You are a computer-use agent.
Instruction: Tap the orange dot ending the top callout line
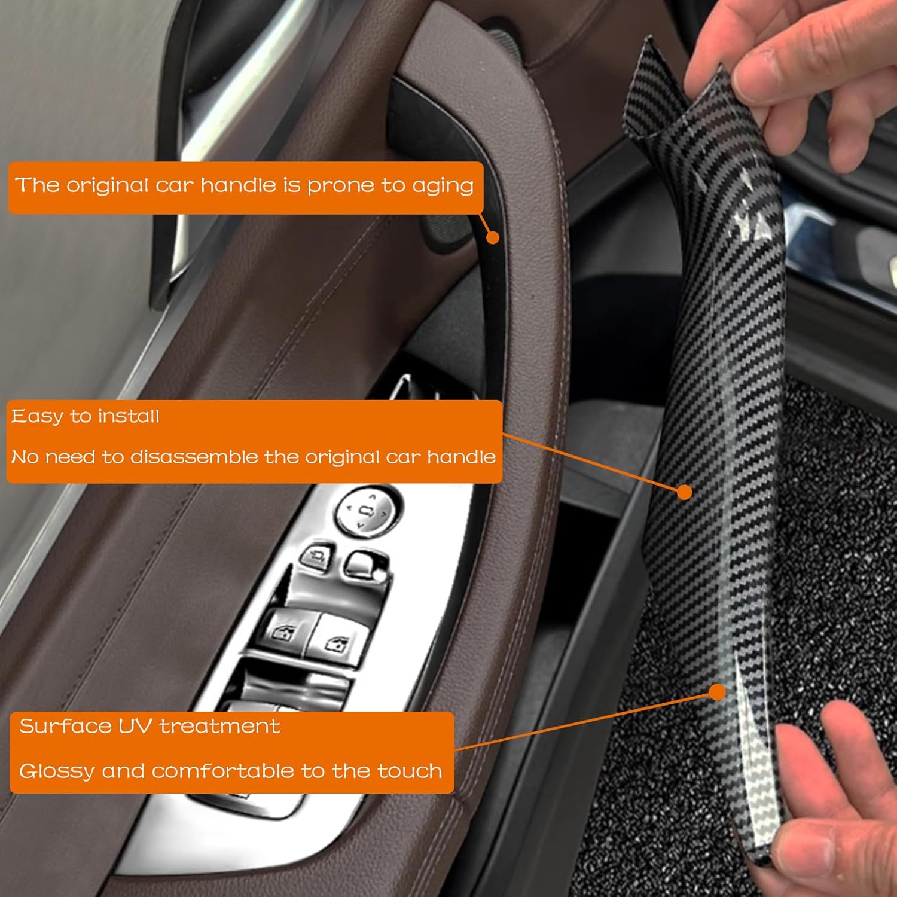tap(493, 237)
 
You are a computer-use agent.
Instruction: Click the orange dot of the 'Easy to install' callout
tap(685, 492)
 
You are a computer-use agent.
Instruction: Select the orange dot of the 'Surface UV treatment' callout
tap(717, 692)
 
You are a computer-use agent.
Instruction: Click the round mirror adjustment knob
tap(366, 510)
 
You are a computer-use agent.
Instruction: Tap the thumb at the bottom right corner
tap(837, 837)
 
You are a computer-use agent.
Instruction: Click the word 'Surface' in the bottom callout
tap(65, 726)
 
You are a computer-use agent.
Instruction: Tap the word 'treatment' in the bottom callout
tap(219, 726)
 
